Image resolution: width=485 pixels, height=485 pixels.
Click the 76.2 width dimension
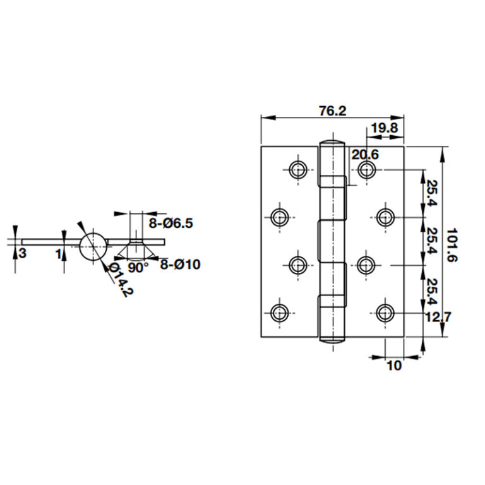332,111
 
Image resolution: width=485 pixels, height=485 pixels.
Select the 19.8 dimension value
383,129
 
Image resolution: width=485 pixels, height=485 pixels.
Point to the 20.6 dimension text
365,154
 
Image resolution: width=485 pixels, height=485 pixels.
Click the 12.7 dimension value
436,317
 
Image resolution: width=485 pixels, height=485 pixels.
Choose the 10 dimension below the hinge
393,366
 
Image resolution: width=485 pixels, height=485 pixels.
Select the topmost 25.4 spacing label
429,194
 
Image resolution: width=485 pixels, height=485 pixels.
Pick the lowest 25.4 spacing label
429,290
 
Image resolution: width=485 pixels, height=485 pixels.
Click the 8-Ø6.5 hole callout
171,223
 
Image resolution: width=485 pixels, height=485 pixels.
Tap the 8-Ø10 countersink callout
180,265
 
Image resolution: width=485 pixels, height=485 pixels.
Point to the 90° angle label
138,267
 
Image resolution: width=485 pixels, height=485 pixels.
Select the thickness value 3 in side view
22,253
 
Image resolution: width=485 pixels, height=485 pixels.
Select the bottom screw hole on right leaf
385,312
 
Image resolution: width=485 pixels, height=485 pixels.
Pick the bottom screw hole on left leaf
280,312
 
